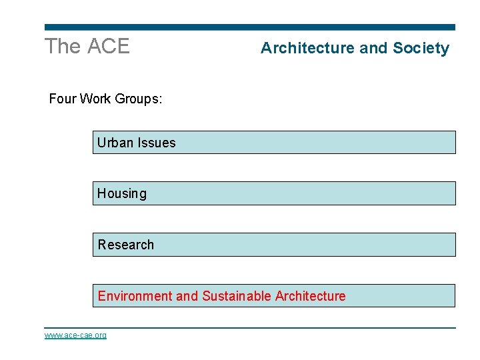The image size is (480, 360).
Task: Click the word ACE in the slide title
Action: click(109, 47)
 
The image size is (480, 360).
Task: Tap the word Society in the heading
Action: click(421, 48)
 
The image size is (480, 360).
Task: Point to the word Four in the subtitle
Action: click(63, 99)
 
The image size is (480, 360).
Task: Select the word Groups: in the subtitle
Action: click(139, 99)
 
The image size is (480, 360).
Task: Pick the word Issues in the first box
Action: click(157, 143)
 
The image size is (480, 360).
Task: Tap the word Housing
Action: click(122, 194)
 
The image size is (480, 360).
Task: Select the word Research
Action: click(126, 245)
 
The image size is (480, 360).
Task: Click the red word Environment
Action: click(135, 296)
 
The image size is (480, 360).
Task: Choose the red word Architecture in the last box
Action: click(310, 296)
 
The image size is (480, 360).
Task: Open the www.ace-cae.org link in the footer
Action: click(75, 335)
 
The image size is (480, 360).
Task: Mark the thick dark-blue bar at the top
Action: click(250, 27)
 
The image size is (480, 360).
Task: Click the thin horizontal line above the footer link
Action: click(250, 327)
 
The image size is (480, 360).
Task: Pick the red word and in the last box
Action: click(187, 296)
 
